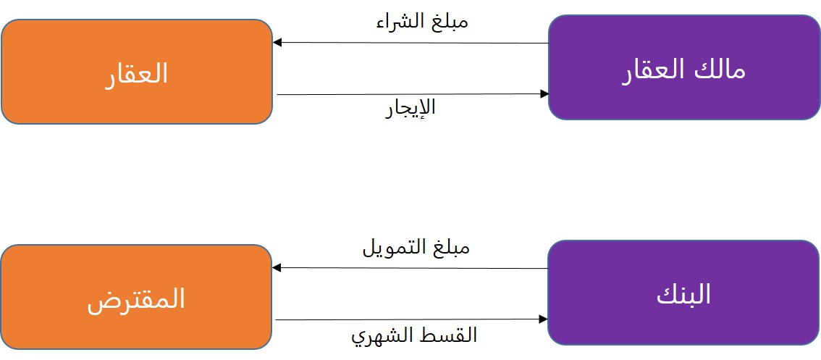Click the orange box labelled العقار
[x=137, y=72]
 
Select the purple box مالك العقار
[x=684, y=67]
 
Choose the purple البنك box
[x=683, y=293]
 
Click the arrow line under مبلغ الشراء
[x=410, y=43]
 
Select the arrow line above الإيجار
[x=410, y=94]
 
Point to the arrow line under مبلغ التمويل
[x=410, y=268]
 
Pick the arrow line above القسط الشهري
[x=410, y=319]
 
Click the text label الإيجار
[x=410, y=109]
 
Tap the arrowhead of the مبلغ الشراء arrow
[x=277, y=43]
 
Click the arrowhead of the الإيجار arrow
[x=544, y=94]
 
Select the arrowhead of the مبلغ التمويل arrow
[x=277, y=268]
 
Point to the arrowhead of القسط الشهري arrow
[x=544, y=319]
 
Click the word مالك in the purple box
[x=719, y=69]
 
